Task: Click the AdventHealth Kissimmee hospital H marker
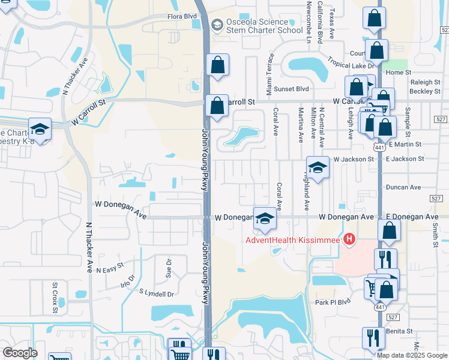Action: [x=348, y=241]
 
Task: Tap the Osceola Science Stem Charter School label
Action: [x=264, y=26]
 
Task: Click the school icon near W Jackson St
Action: [x=318, y=167]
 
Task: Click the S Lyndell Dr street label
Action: [x=156, y=293]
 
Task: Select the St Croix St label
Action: [x=55, y=298]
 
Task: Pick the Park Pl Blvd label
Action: [x=332, y=302]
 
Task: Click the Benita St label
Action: [x=401, y=331]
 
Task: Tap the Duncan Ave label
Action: [x=403, y=187]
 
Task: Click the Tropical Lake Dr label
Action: [x=351, y=62]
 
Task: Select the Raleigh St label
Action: [x=425, y=82]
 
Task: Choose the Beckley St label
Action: [x=425, y=91]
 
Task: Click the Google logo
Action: [x=20, y=353]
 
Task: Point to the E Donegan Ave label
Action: [x=412, y=216]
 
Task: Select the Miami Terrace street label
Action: [x=270, y=67]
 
